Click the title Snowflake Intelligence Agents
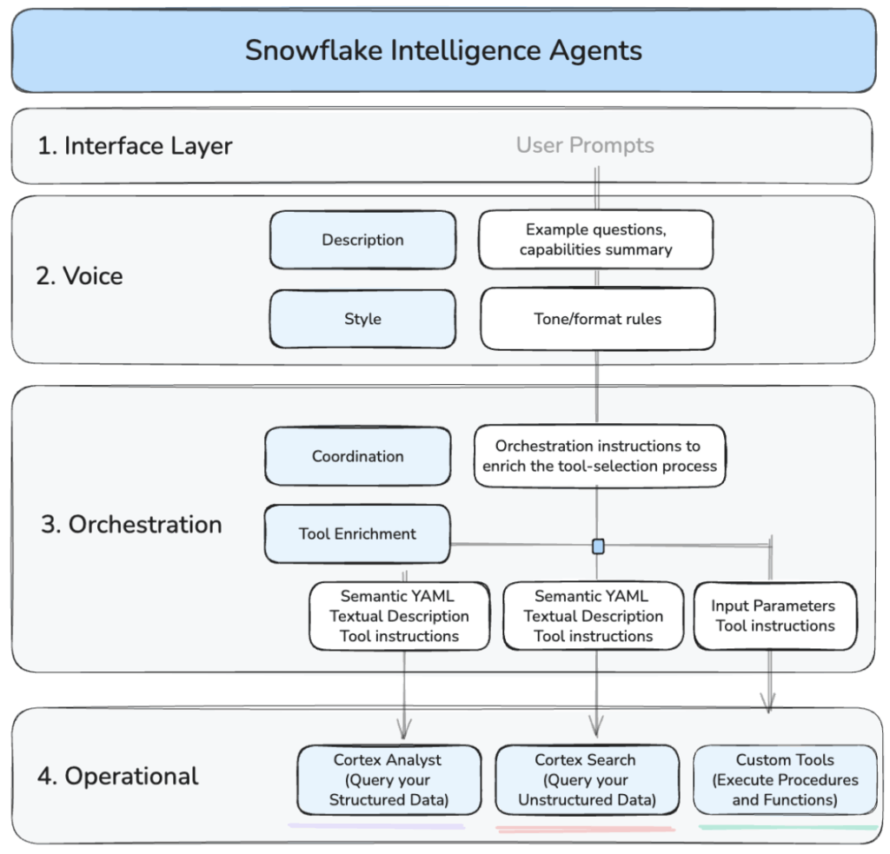pyautogui.click(x=443, y=50)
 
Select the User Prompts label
pyautogui.click(x=585, y=145)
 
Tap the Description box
pyautogui.click(x=362, y=240)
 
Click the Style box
pyautogui.click(x=362, y=319)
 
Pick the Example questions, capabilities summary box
pyautogui.click(x=596, y=240)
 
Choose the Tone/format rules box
pyautogui.click(x=597, y=319)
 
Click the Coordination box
pyautogui.click(x=358, y=456)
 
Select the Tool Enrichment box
pyautogui.click(x=357, y=533)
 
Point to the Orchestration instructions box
pyautogui.click(x=600, y=456)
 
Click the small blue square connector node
pyautogui.click(x=598, y=546)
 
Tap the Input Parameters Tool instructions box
pyautogui.click(x=774, y=616)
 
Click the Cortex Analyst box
pyautogui.click(x=389, y=779)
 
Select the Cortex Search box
pyautogui.click(x=587, y=779)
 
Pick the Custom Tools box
pyautogui.click(x=785, y=779)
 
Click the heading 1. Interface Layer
pyautogui.click(x=135, y=146)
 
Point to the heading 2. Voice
pyautogui.click(x=80, y=276)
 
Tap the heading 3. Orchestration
pyautogui.click(x=131, y=525)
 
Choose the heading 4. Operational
pyautogui.click(x=118, y=776)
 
